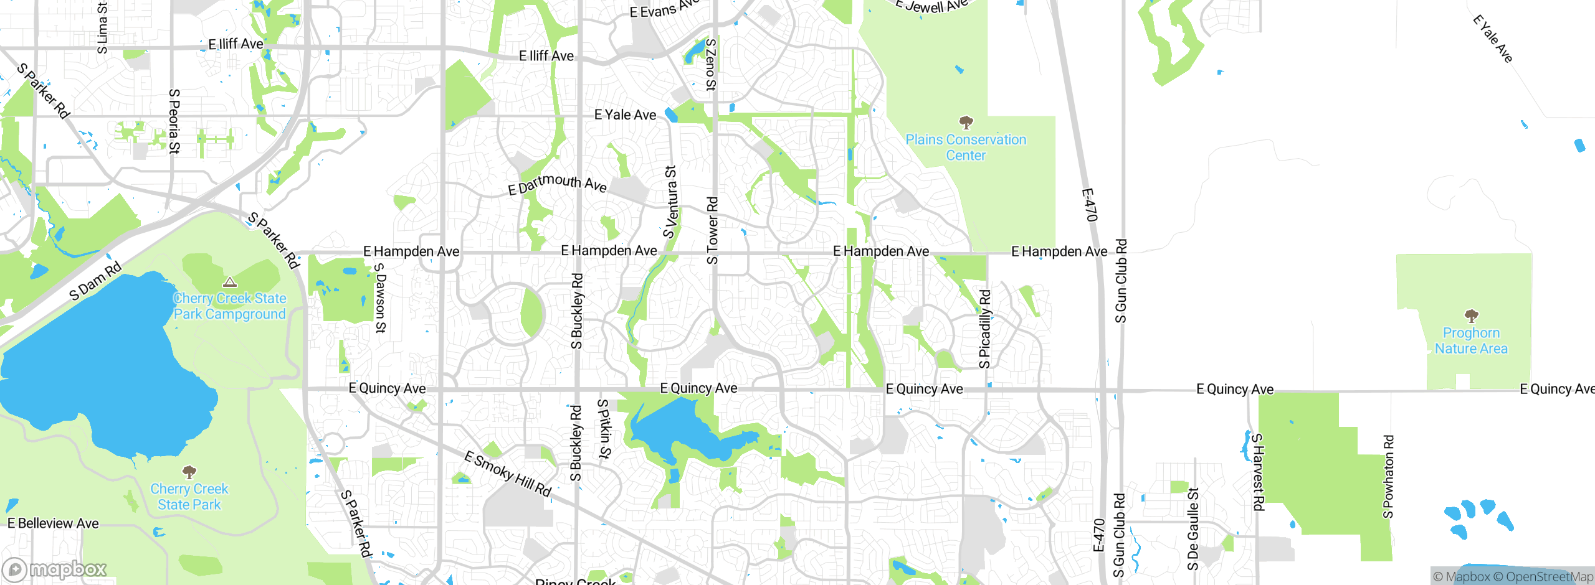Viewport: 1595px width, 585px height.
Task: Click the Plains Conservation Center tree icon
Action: tap(966, 122)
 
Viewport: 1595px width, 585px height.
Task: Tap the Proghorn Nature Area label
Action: tap(1471, 341)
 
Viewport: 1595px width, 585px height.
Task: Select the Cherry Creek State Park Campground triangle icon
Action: tap(230, 283)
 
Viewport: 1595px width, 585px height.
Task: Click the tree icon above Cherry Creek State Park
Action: tap(189, 472)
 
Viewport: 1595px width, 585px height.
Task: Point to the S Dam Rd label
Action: tap(95, 282)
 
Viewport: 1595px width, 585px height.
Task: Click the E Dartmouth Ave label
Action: tap(557, 184)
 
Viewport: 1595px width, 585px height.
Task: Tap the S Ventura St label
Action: tap(670, 202)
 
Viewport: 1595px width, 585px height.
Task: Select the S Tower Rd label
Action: tap(712, 230)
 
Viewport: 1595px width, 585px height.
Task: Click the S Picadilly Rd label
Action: tap(984, 329)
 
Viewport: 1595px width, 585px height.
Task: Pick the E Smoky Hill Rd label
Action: tap(508, 474)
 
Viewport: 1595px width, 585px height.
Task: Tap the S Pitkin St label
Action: tap(603, 429)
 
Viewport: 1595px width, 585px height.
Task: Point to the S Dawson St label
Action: tap(380, 298)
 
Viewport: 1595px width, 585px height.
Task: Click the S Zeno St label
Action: tap(710, 65)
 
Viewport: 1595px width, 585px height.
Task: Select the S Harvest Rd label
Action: tap(1258, 472)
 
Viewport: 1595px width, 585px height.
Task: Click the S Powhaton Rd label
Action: tap(1388, 477)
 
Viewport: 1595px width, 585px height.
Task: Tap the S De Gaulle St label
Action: tap(1193, 529)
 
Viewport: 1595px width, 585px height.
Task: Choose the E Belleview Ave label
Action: tap(53, 523)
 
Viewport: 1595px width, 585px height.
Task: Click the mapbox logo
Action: tap(55, 569)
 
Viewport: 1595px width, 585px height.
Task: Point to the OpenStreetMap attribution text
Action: tap(1549, 577)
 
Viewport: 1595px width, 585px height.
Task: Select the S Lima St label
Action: tap(102, 27)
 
